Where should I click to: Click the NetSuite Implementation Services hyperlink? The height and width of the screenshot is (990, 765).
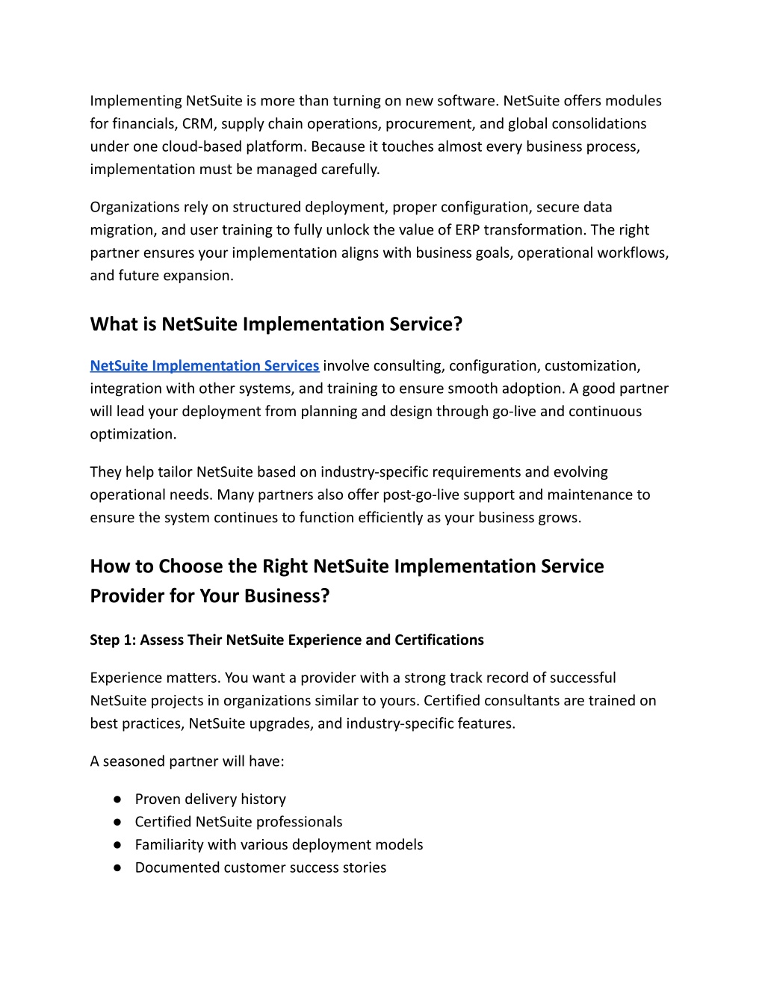[x=204, y=365]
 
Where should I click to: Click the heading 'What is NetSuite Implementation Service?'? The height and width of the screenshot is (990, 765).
[x=276, y=324]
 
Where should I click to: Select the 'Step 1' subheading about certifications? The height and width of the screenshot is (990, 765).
[x=287, y=640]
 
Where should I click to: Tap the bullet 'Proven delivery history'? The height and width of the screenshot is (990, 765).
[x=210, y=799]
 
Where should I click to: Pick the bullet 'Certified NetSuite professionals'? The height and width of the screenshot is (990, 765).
[x=238, y=822]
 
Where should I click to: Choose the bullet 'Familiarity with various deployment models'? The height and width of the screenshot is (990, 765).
[x=279, y=844]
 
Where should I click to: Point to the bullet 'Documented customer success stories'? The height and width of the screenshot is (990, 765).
[x=260, y=867]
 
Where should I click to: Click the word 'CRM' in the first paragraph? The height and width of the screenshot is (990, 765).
[x=199, y=123]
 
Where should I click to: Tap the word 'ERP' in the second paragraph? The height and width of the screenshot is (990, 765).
[x=468, y=230]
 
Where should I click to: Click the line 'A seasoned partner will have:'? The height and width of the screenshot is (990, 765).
[x=187, y=761]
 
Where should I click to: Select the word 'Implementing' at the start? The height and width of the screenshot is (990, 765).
[x=136, y=101]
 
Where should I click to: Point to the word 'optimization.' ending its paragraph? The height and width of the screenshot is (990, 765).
[x=133, y=434]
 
